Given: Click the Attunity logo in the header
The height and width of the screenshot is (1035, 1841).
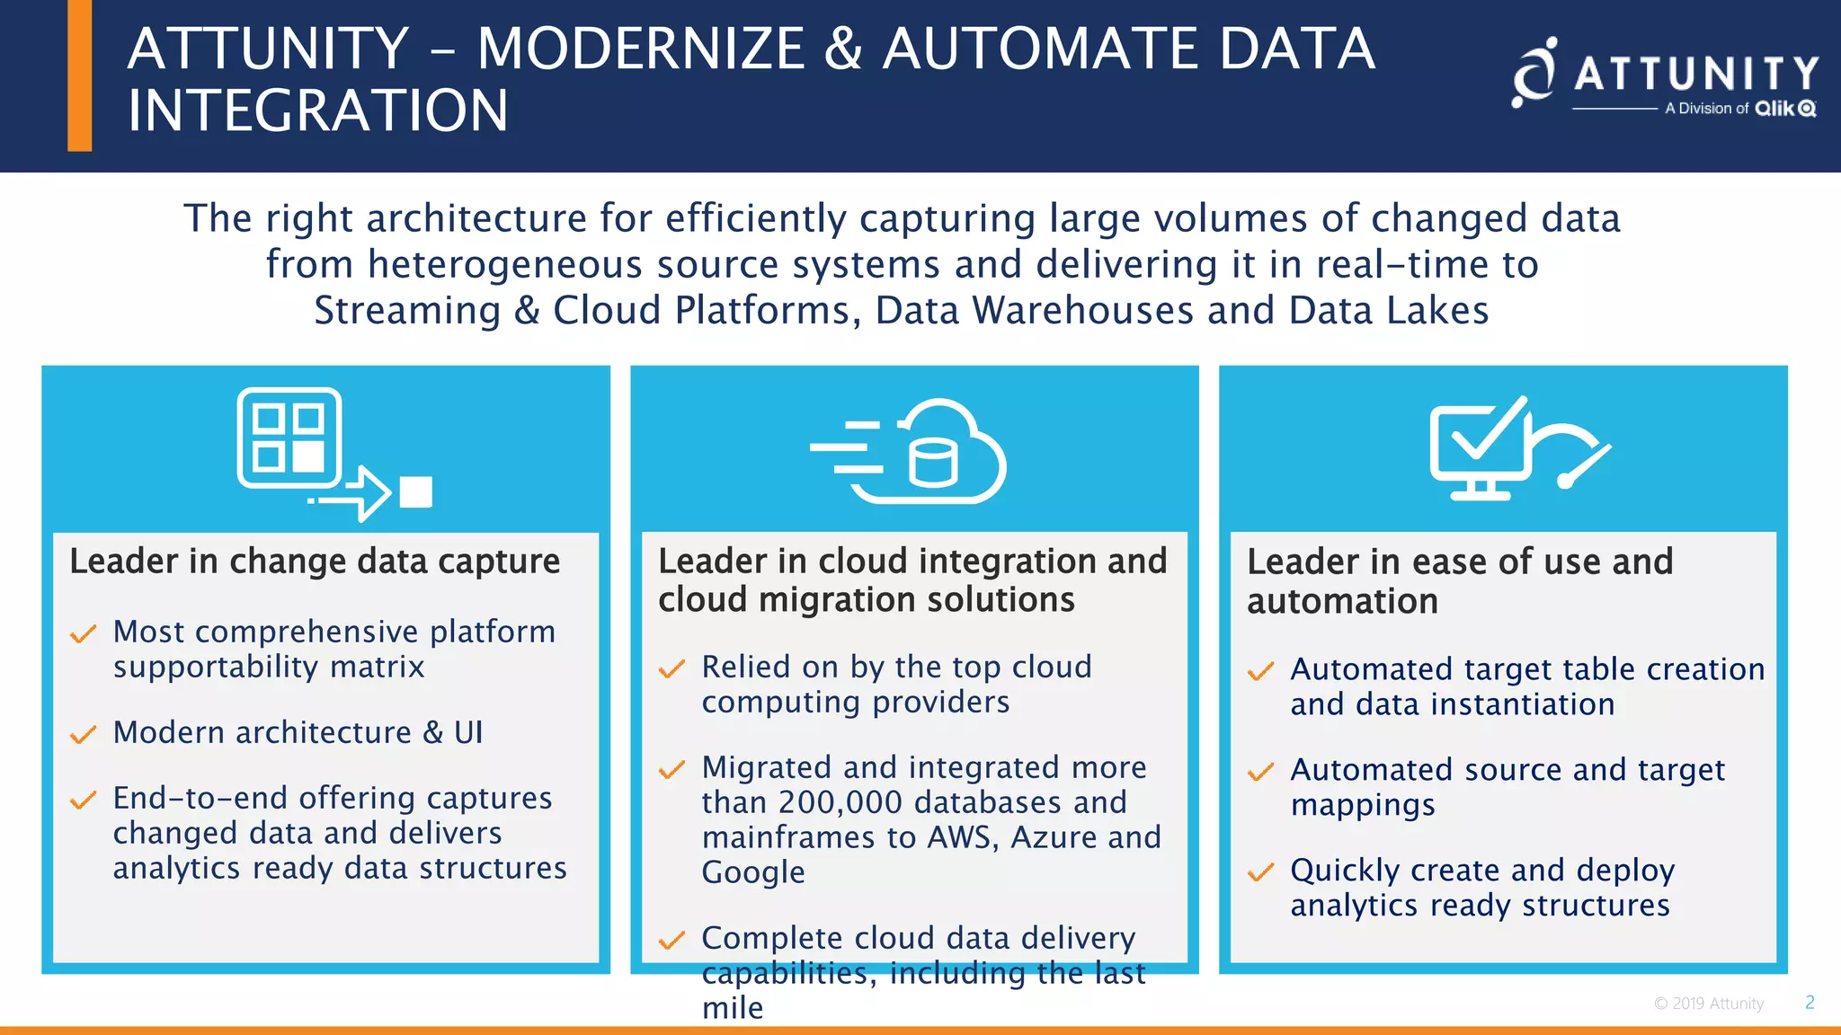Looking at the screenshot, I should pyautogui.click(x=1665, y=76).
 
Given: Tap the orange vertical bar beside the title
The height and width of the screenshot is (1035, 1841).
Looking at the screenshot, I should pyautogui.click(x=80, y=75).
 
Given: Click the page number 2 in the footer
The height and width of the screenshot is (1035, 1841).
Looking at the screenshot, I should pyautogui.click(x=1810, y=1002).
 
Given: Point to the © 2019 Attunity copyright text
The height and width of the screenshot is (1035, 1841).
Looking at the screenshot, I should pyautogui.click(x=1709, y=1004).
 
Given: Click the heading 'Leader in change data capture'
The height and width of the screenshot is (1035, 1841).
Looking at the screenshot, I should pyautogui.click(x=315, y=562).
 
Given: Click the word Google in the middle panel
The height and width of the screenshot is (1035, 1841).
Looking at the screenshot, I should pyautogui.click(x=753, y=872).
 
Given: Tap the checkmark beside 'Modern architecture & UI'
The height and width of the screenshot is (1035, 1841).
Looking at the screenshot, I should pyautogui.click(x=83, y=735).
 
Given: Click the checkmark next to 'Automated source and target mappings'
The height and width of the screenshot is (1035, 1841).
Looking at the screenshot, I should pyautogui.click(x=1260, y=772).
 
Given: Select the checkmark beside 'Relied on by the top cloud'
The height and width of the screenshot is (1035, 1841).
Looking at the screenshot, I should pyautogui.click(x=671, y=669).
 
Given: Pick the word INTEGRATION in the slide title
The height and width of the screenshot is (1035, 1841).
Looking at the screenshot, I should pyautogui.click(x=318, y=111).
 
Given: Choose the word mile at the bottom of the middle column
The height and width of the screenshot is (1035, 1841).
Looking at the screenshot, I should pyautogui.click(x=733, y=1008).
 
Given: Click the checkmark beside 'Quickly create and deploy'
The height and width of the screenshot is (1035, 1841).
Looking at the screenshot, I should pyautogui.click(x=1260, y=872).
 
